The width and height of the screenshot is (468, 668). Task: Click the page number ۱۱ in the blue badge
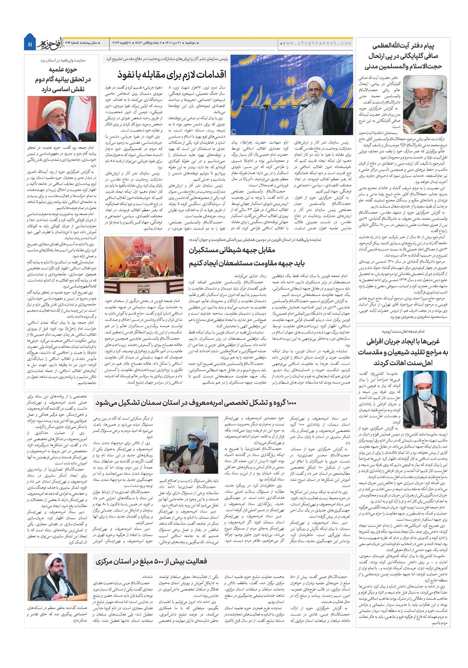pyautogui.click(x=29, y=44)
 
